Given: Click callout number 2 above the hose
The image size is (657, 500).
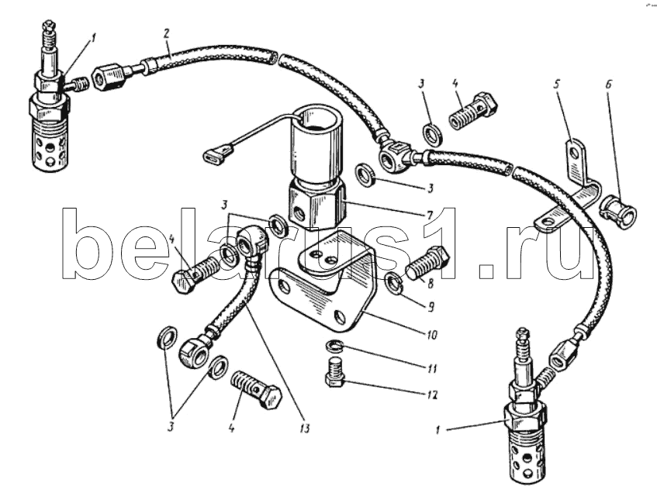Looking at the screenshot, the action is (166, 34).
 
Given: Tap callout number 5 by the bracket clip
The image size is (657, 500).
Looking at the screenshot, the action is (557, 85).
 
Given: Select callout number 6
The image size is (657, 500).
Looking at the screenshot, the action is (608, 85).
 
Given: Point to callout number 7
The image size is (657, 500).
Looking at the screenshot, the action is (430, 216).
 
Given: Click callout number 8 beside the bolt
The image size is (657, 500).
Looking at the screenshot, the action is (431, 284).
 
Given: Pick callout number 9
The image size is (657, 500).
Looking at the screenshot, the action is (431, 308).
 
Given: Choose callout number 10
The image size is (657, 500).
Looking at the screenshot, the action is (432, 335).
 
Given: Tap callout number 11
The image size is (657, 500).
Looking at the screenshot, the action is (432, 368).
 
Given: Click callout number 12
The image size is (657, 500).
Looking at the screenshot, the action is (433, 395).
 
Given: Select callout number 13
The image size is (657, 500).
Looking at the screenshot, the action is (305, 429).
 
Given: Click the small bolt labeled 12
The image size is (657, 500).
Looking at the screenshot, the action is (335, 372).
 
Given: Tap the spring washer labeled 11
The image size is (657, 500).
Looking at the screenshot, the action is (335, 346).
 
